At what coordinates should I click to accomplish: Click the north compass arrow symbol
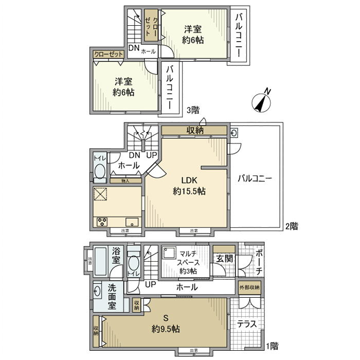pos(263,101)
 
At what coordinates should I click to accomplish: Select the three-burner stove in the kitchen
pos(101,222)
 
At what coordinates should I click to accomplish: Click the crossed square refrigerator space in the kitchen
pos(100,194)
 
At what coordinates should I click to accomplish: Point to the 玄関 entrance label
pos(224,258)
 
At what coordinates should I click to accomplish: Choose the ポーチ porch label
pos(259,263)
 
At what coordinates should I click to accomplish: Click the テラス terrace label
pos(246,325)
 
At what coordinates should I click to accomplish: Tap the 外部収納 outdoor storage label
pos(249,286)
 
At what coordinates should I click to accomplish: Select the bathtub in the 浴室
pos(99,262)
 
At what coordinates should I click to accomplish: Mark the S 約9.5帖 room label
pos(165,323)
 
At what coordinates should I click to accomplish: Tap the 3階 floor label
pos(193,110)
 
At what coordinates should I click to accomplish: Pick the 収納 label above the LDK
pos(194,131)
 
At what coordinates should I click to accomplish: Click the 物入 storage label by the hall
pos(125,181)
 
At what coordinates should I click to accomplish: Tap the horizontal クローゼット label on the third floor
pos(109,54)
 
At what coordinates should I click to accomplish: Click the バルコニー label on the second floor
pos(255,179)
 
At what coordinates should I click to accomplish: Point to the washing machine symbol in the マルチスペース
pos(168,253)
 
